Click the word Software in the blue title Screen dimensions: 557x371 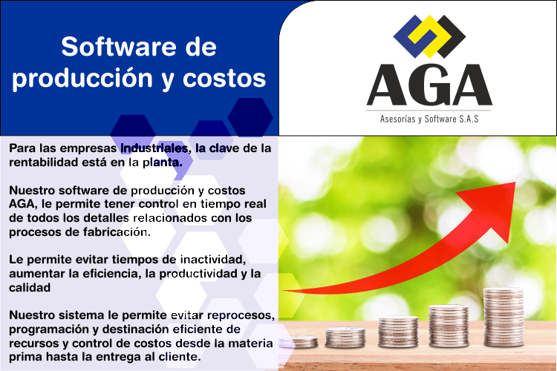(x=119, y=47)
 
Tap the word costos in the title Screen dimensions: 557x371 (x=224, y=79)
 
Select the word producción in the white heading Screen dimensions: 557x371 (x=82, y=79)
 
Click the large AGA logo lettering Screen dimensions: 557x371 (x=429, y=85)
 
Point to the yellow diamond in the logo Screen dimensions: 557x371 (x=429, y=36)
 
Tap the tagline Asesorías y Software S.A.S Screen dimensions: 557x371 (x=429, y=119)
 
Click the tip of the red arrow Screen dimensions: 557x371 (x=515, y=183)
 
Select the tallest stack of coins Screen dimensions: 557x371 (x=504, y=317)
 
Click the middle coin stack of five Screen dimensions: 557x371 (x=398, y=332)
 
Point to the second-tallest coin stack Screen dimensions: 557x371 (x=449, y=326)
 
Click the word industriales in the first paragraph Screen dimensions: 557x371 (x=154, y=148)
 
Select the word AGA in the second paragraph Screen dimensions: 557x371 (x=22, y=204)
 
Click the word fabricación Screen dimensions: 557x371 (x=117, y=232)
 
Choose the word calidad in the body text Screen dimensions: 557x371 (x=30, y=288)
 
